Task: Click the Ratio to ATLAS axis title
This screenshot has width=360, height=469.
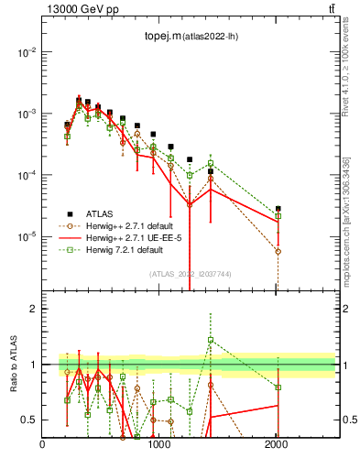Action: (x=12, y=364)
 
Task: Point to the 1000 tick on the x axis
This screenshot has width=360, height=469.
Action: (x=159, y=445)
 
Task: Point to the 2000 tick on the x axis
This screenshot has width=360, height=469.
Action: (x=277, y=445)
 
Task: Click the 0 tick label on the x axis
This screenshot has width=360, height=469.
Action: (x=43, y=445)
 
